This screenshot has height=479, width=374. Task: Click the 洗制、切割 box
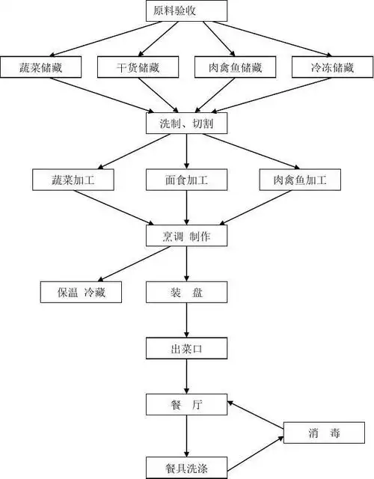[x=186, y=123]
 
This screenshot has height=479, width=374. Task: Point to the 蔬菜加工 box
[x=73, y=180]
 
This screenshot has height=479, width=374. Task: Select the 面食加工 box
[x=186, y=180]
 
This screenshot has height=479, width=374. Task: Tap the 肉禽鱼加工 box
[x=298, y=180]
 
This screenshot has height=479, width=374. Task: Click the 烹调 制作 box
[x=186, y=235]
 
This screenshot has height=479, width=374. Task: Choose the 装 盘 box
[x=186, y=292]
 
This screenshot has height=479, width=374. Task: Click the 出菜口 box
[x=186, y=348]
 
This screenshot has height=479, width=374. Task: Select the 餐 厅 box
[x=186, y=405]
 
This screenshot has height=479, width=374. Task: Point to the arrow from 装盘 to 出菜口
[x=186, y=320]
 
